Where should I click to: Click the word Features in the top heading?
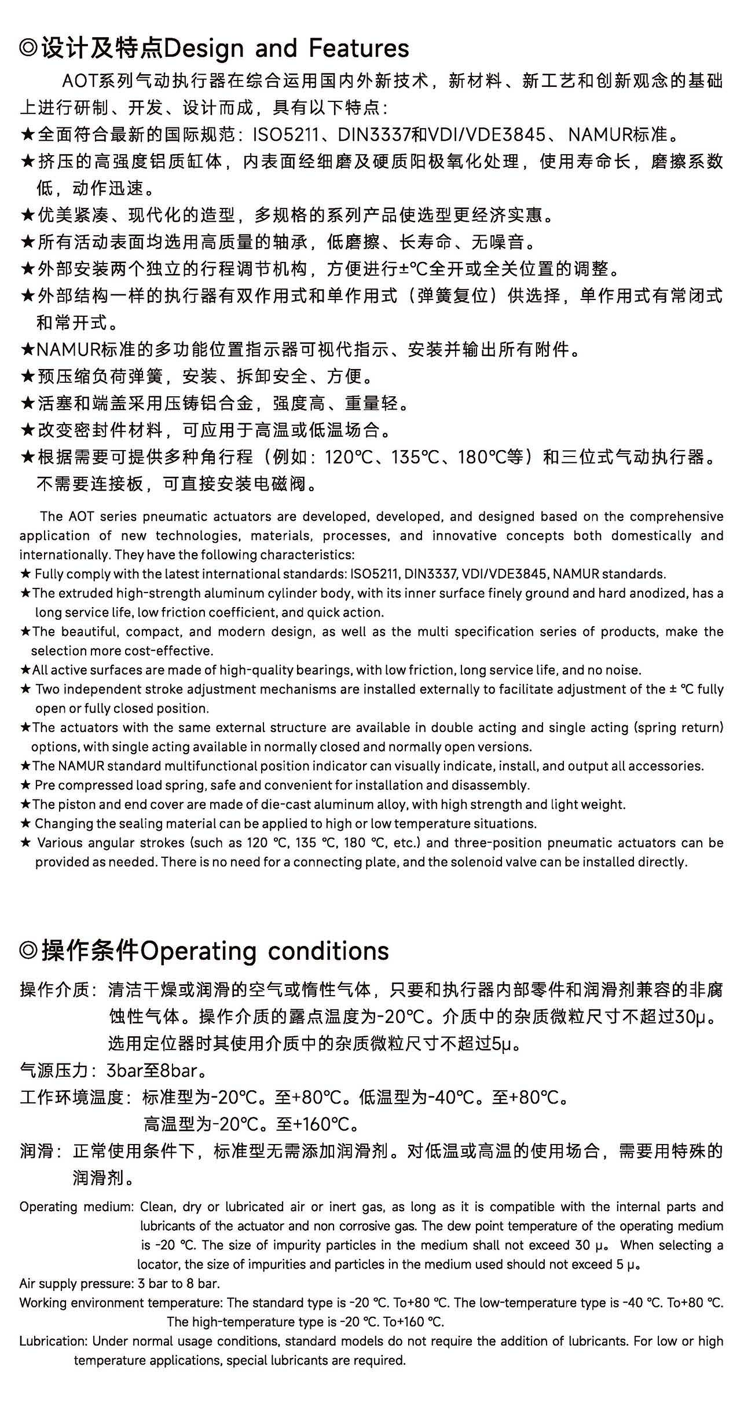(x=359, y=48)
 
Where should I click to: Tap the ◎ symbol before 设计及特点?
(x=29, y=49)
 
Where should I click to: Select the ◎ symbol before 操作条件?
(x=29, y=952)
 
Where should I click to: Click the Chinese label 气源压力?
(x=55, y=1070)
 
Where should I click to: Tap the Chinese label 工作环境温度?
(x=72, y=1097)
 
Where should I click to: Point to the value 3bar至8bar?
(x=152, y=1070)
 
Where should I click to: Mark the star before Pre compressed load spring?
(x=25, y=785)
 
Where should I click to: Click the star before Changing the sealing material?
(x=25, y=824)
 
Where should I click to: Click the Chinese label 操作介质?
(x=55, y=990)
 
